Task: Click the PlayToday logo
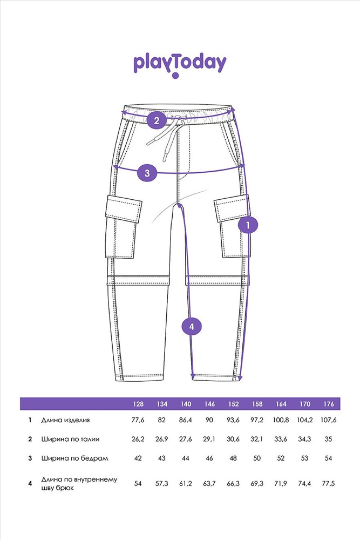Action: [x=180, y=65]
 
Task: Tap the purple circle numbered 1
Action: [x=248, y=225]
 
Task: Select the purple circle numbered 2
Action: [x=157, y=120]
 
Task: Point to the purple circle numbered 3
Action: [x=147, y=173]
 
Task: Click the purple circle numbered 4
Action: [x=192, y=326]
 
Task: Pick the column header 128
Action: [x=138, y=404]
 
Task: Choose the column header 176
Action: [x=329, y=404]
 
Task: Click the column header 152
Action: [x=233, y=404]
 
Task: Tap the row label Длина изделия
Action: [x=65, y=420]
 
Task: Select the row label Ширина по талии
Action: [x=70, y=439]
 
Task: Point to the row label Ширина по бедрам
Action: [x=74, y=458]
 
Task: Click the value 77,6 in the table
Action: [x=138, y=420]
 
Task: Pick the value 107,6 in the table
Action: [x=328, y=420]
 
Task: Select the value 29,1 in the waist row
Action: [x=209, y=439]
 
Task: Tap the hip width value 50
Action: [x=257, y=458]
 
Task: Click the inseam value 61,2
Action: [x=186, y=483]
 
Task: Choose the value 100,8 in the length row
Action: [x=281, y=420]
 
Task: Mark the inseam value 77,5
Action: [x=328, y=483]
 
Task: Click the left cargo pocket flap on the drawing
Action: [x=124, y=208]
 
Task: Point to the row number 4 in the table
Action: [x=30, y=483]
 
